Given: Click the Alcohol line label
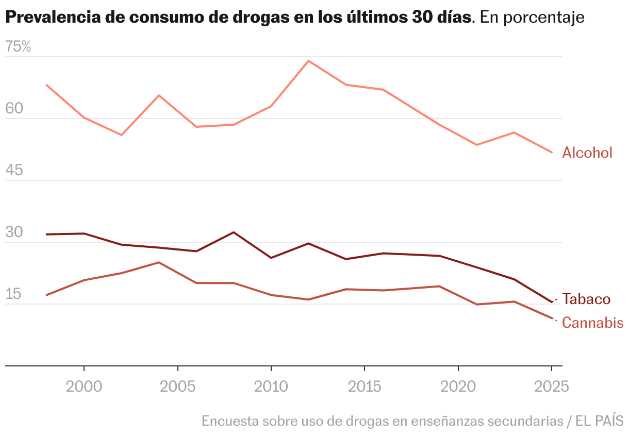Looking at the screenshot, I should [587, 153].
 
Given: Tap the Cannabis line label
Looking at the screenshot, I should [592, 323].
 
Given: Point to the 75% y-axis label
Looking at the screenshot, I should [19, 47].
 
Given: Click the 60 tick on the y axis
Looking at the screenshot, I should [14, 109].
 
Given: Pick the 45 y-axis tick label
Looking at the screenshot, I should [14, 171].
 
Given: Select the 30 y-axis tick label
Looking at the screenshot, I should [14, 232].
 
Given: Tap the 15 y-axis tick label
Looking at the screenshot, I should [14, 294].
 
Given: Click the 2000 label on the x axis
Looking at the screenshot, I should [84, 387].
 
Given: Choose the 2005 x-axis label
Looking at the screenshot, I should [177, 387].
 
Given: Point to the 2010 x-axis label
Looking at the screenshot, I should [271, 387].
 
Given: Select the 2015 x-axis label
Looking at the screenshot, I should [365, 387].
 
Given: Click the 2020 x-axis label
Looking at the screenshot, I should [458, 387].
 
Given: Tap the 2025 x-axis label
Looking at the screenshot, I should [551, 387].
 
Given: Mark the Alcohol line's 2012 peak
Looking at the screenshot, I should [308, 61].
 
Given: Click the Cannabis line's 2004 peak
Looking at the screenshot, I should [159, 262].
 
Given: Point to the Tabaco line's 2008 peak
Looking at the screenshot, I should [234, 232].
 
